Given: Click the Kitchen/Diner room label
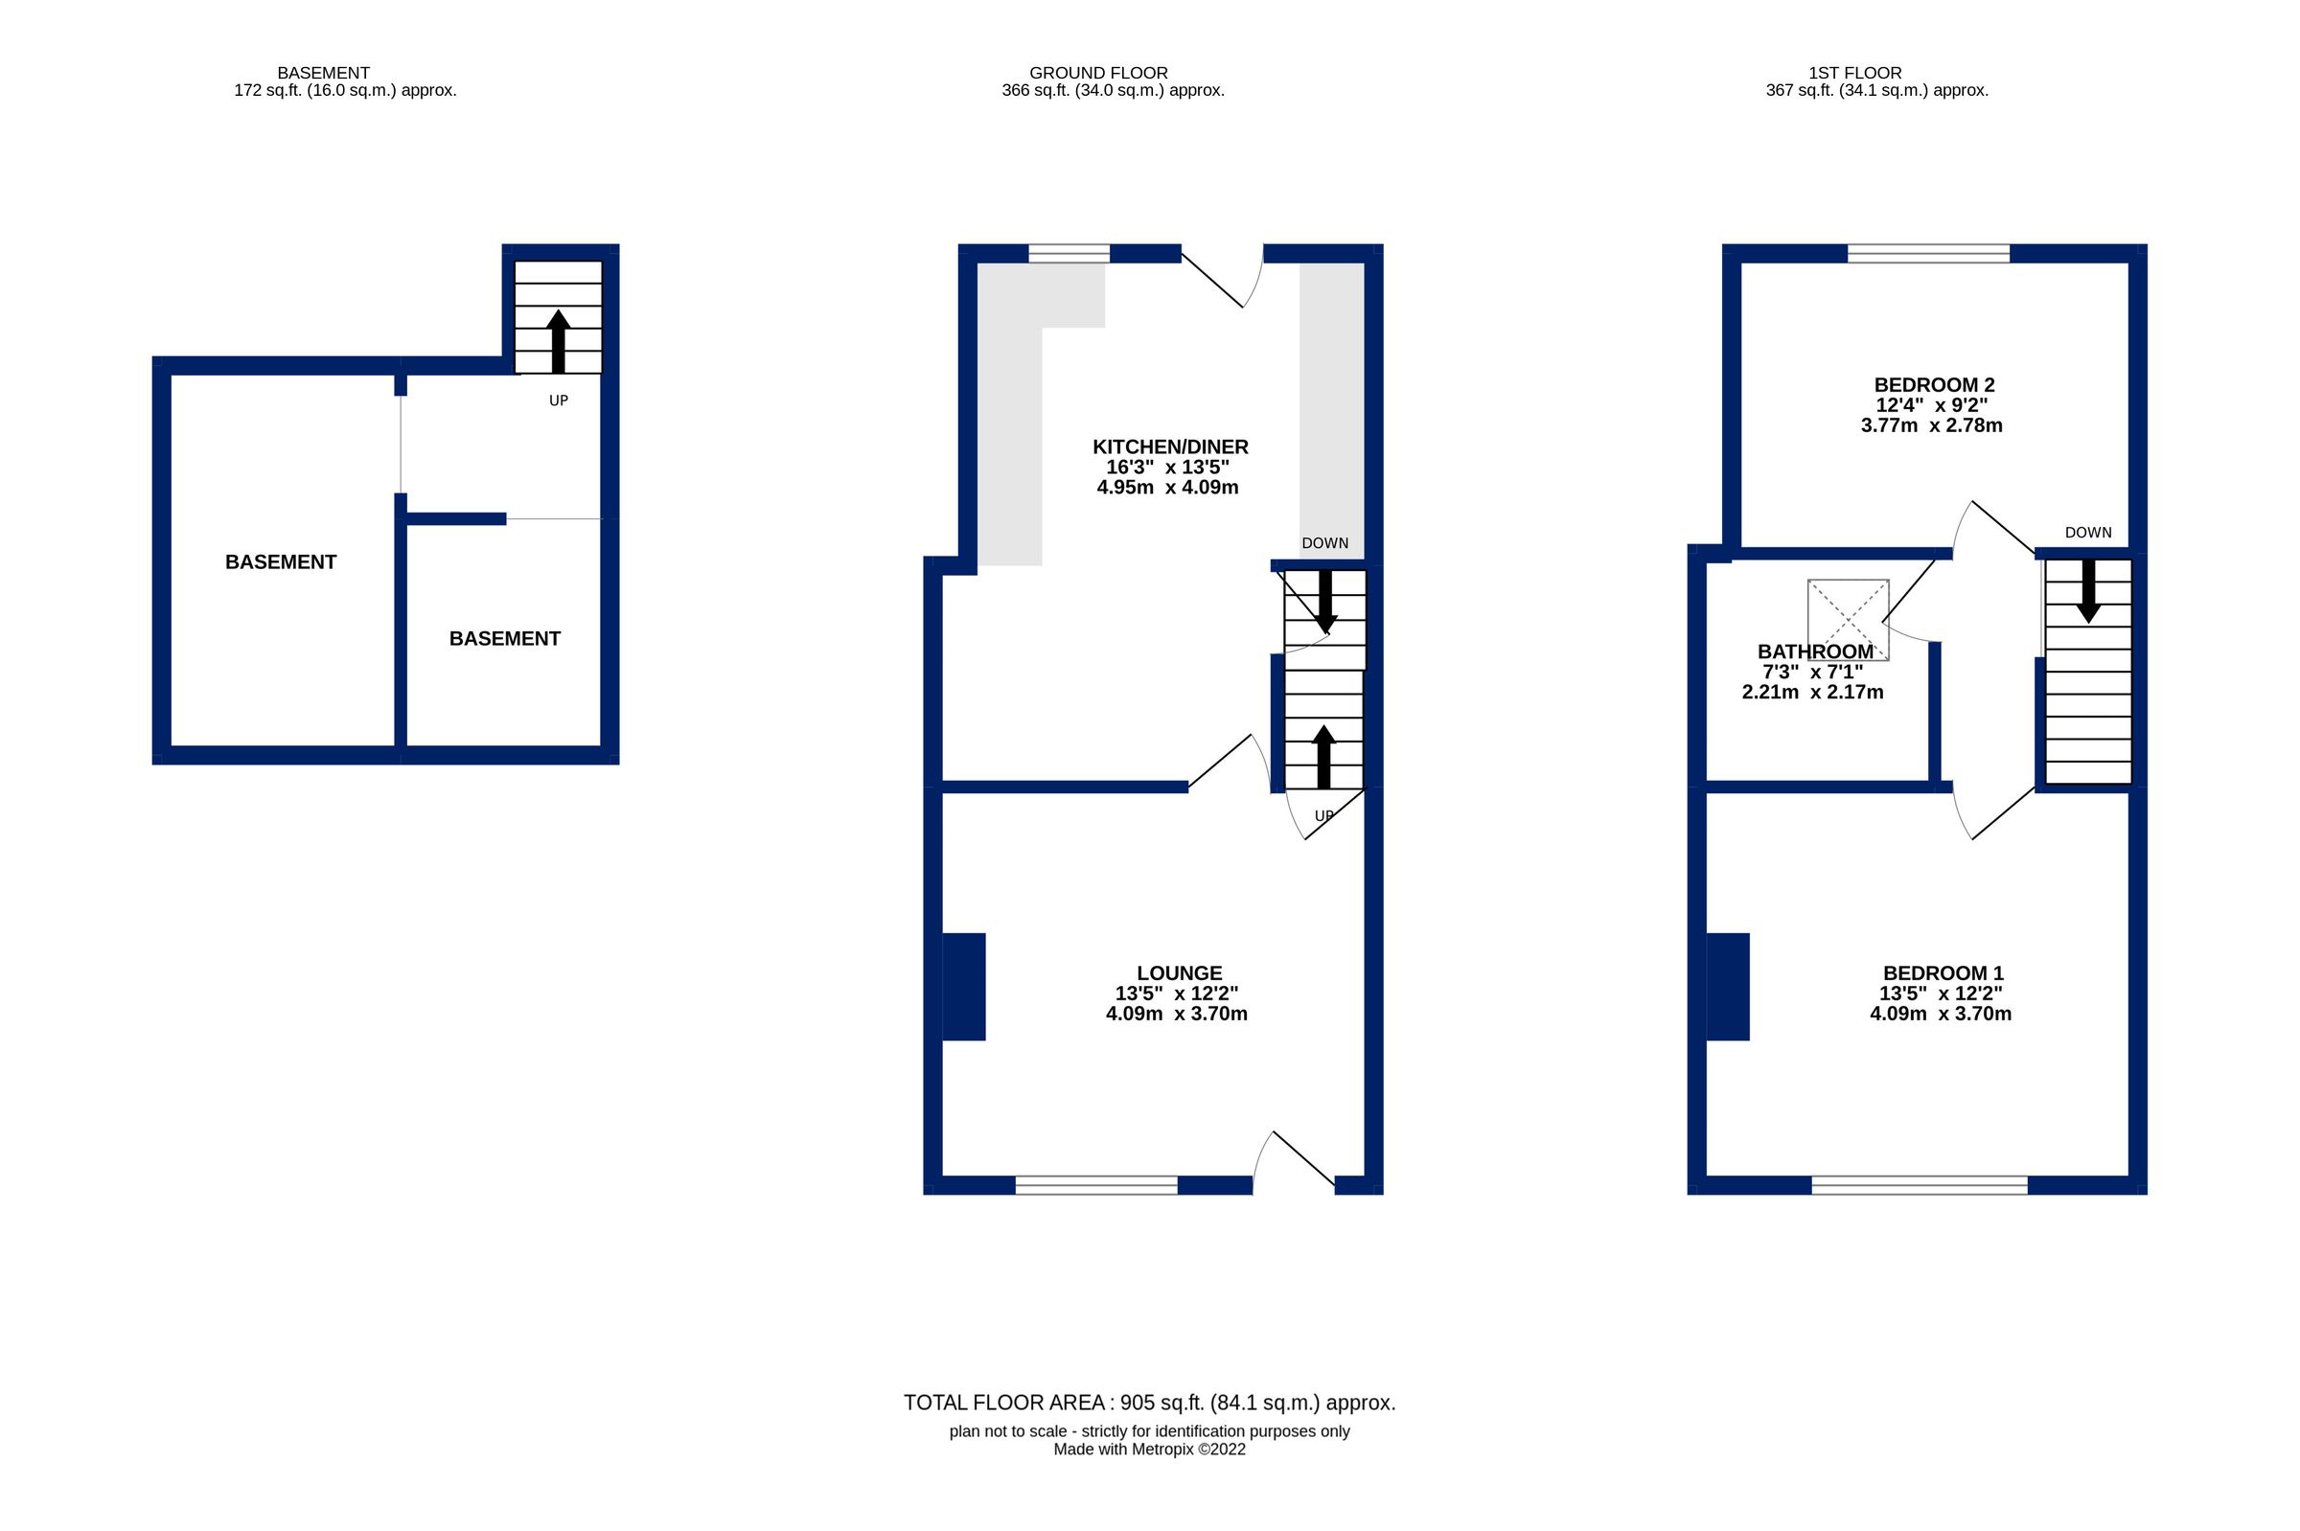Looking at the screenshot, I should point(1169,447).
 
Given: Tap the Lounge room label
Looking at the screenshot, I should point(1178,972).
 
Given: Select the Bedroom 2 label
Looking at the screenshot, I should point(1932,385).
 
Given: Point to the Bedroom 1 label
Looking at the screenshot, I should point(1942,972).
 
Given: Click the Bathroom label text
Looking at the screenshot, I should point(1815,651).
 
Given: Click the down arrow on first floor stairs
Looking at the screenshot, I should point(2087,590).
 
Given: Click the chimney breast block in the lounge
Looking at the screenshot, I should point(963,986).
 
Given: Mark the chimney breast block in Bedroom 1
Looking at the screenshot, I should point(1727,986).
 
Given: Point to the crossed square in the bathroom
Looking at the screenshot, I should point(1847,620).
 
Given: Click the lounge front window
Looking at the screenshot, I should point(1095,1185).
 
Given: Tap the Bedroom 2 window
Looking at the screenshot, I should point(1928,254).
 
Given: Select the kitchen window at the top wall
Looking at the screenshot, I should point(1069,254).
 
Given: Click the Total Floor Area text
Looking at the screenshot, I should point(1148,1403).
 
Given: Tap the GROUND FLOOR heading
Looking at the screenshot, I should point(1097,73).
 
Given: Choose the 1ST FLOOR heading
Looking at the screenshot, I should point(1853,73).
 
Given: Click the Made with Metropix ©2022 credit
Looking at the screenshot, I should point(1148,1449).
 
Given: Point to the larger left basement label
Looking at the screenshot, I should point(280,562).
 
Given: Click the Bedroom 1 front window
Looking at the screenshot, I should point(1919,1185).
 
